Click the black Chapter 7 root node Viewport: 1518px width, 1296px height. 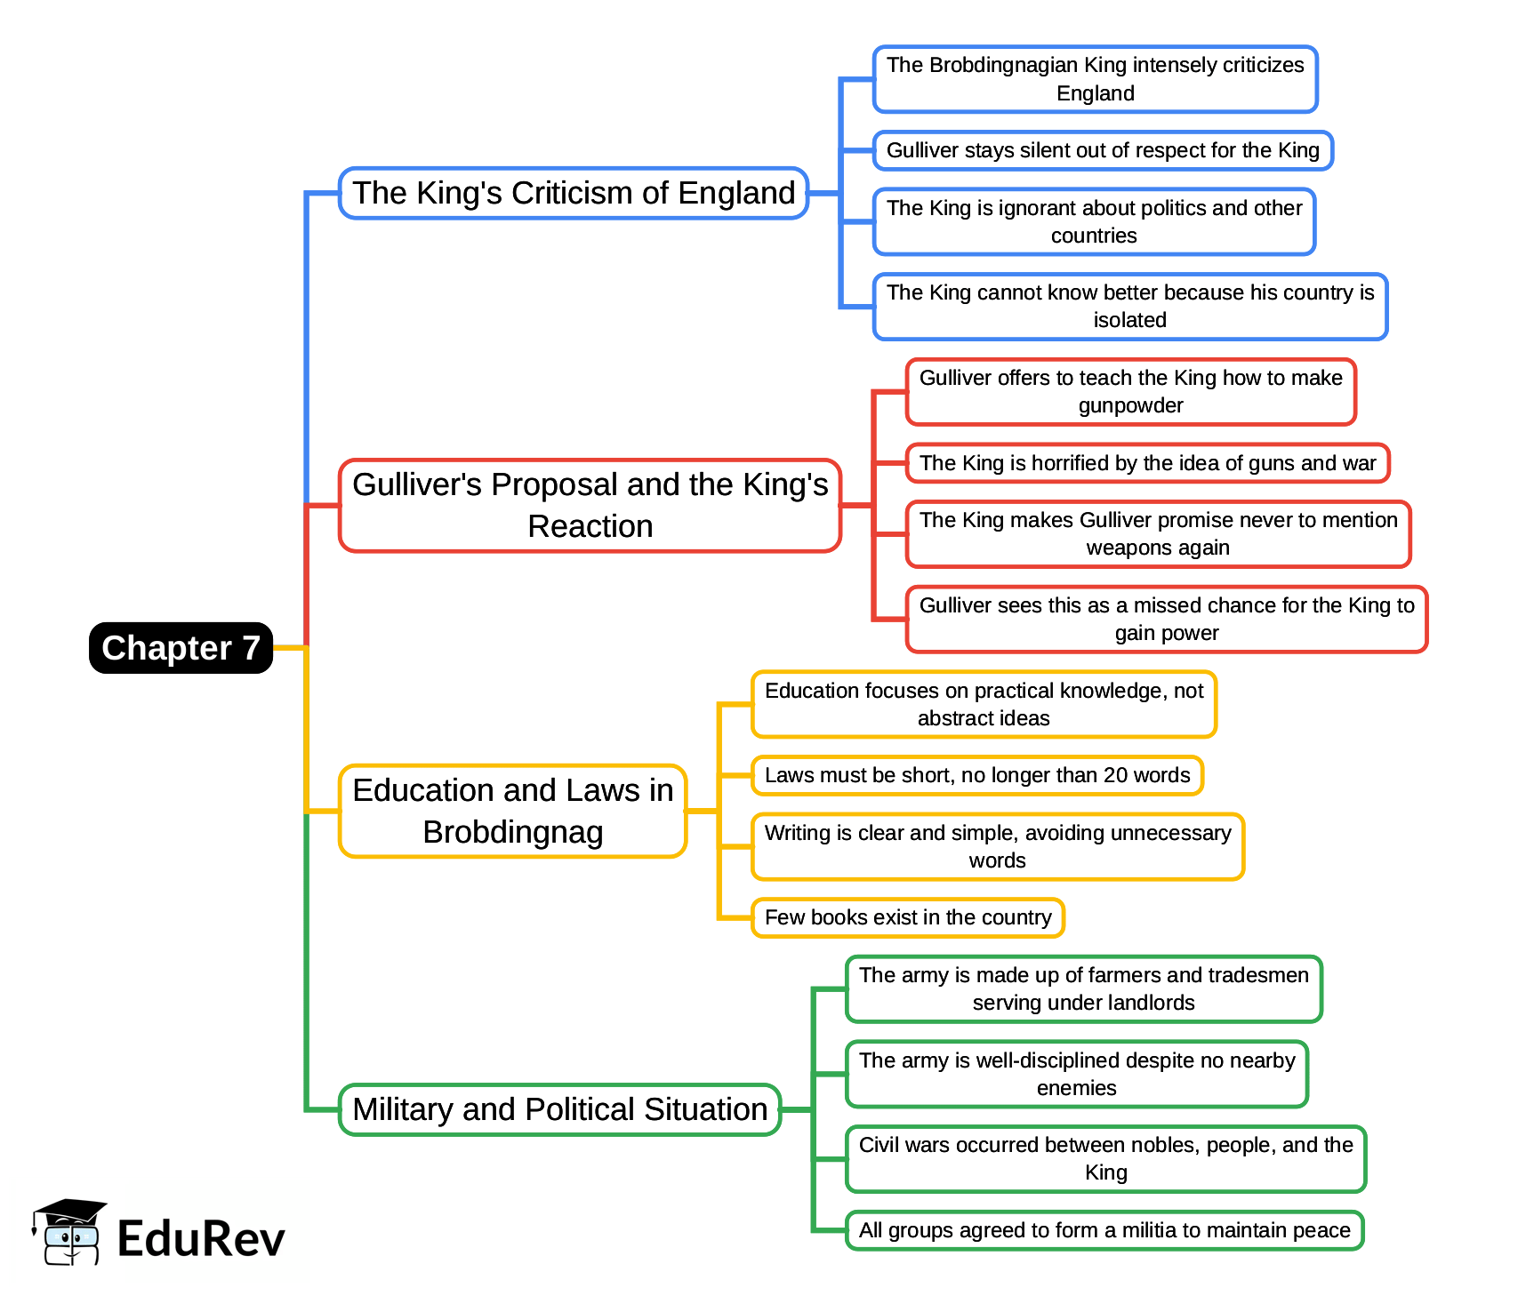pos(181,648)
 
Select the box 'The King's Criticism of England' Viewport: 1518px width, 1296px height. pos(574,193)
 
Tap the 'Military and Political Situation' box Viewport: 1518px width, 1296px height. pos(559,1109)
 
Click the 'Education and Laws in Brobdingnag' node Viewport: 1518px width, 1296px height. pos(512,811)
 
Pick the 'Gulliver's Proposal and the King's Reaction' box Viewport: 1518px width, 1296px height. pos(590,505)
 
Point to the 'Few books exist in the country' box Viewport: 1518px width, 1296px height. pos(908,917)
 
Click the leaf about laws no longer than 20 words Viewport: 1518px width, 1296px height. pos(976,775)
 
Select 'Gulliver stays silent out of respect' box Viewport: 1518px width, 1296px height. pos(1103,150)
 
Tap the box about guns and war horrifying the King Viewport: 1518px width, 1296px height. pos(1147,463)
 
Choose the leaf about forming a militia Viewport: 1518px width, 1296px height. pos(1104,1230)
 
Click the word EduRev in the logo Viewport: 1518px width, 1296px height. pos(201,1238)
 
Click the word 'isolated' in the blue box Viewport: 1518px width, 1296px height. pos(1129,321)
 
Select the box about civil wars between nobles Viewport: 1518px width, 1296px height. pos(1105,1158)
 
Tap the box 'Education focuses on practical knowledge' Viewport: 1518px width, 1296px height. pos(984,704)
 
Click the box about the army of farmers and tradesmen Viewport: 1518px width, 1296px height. pos(1083,988)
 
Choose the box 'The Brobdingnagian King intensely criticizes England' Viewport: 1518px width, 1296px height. pos(1095,79)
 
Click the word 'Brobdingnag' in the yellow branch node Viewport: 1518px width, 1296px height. pos(513,833)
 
